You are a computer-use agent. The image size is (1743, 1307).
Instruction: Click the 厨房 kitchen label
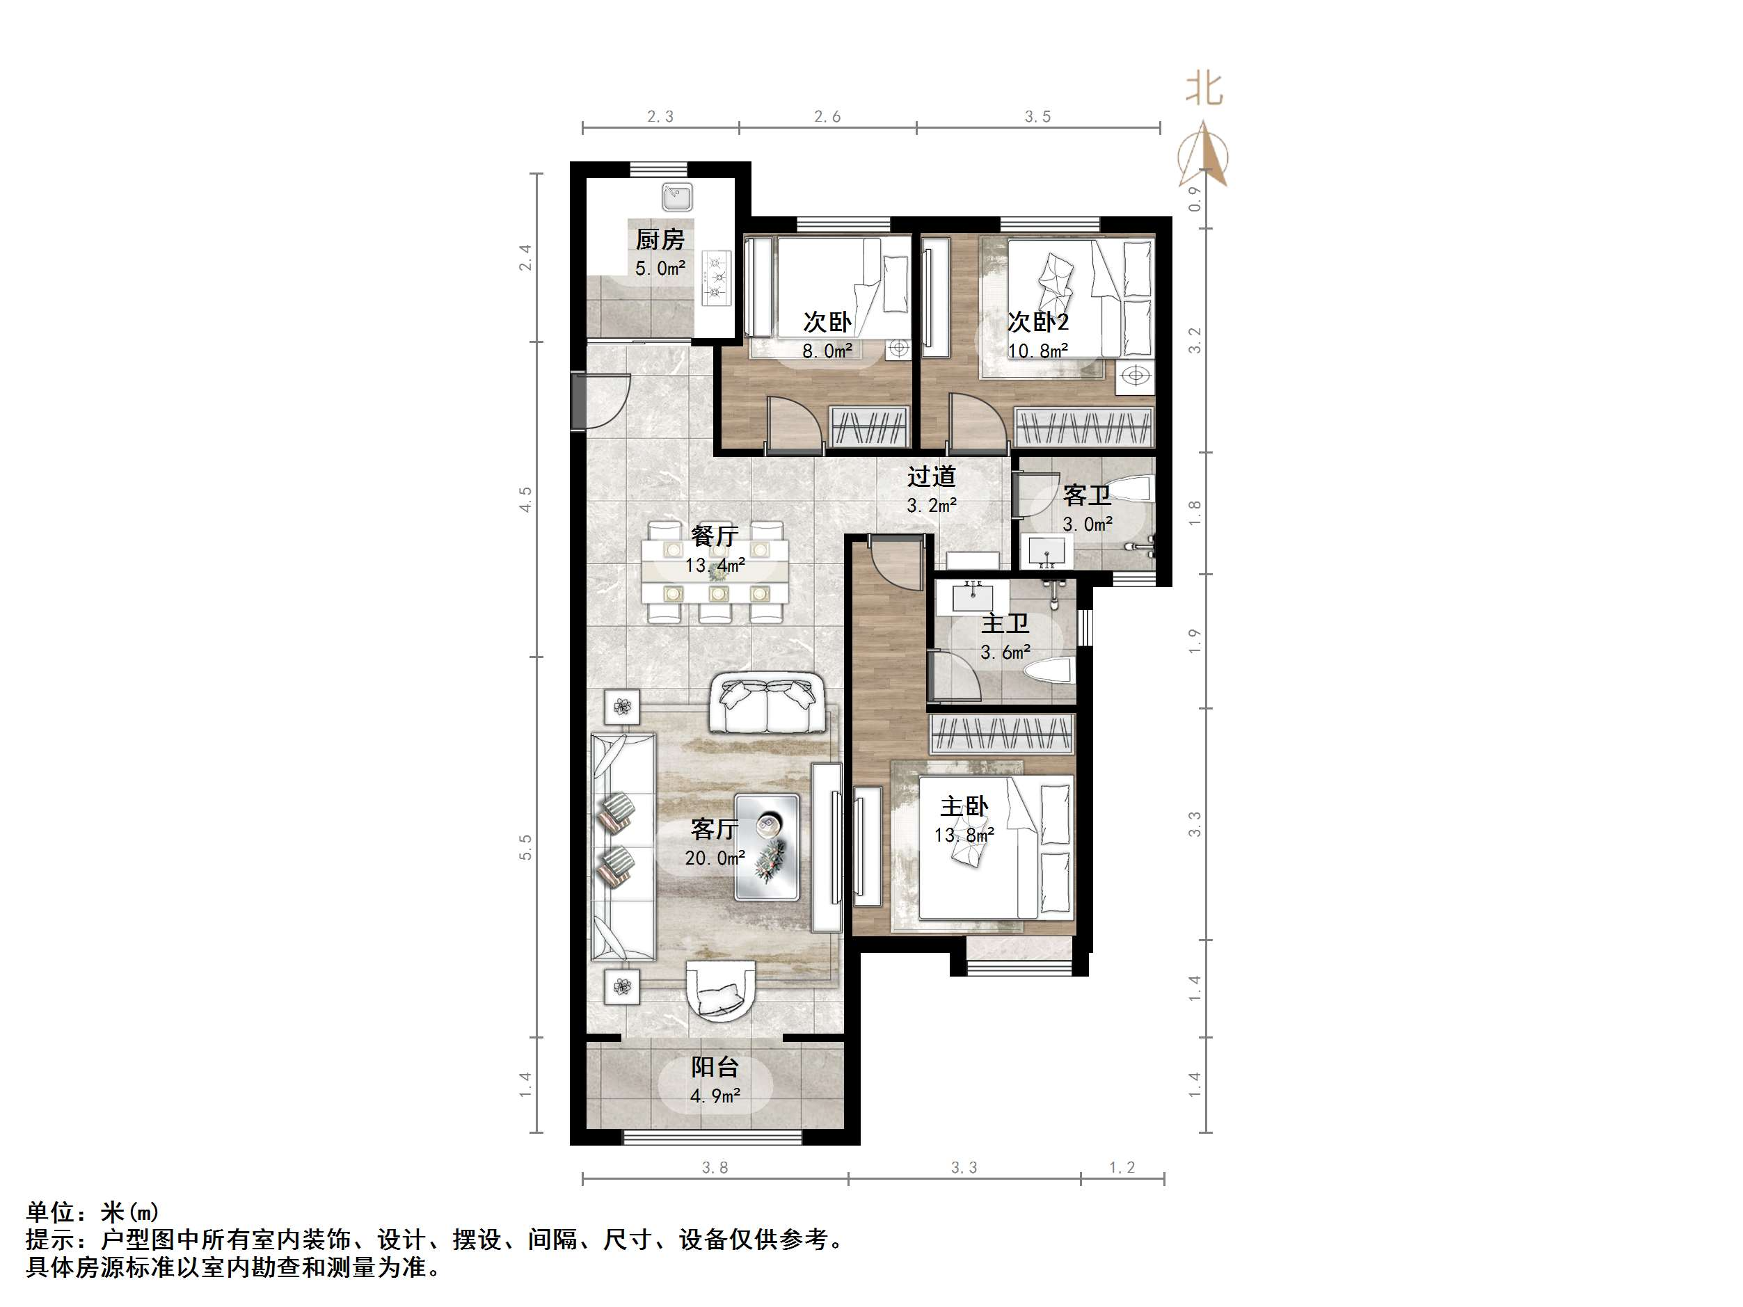pos(660,239)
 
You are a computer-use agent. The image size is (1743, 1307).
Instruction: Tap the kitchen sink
pos(677,197)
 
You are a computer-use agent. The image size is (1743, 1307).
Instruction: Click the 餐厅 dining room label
pos(715,536)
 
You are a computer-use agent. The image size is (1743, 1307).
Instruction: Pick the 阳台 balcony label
pos(715,1067)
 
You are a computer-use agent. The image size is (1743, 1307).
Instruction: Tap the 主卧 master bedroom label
pos(964,806)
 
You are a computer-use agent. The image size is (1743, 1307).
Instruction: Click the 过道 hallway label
pos(932,476)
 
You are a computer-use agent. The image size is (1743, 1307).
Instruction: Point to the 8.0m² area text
pos(827,351)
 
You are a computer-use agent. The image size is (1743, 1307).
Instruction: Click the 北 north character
pos(1204,89)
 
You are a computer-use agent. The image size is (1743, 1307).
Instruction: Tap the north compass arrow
pos(1204,154)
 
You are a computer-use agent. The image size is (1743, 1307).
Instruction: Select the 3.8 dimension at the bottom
pos(715,1168)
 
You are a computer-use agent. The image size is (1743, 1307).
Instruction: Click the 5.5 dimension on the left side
pos(525,847)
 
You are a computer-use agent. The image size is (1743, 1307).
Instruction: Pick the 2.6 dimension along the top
pos(827,117)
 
